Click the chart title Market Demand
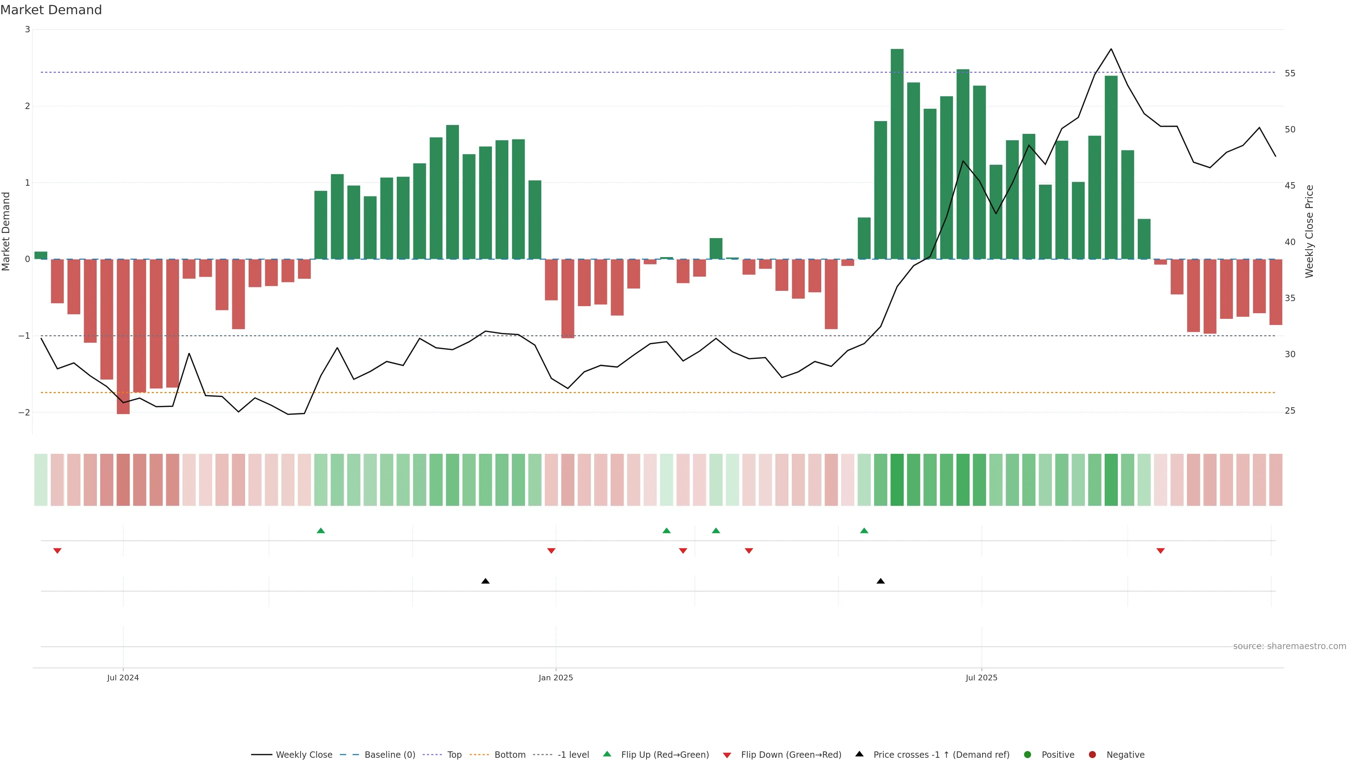click(51, 10)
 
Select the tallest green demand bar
click(897, 153)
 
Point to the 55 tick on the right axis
click(1290, 74)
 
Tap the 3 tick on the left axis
click(28, 29)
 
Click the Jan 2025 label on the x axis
click(556, 678)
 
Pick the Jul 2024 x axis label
click(123, 678)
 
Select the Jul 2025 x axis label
click(981, 678)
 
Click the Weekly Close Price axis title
click(1309, 231)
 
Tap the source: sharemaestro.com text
click(1289, 646)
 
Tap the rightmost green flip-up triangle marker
click(864, 531)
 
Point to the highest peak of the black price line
click(1111, 49)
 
